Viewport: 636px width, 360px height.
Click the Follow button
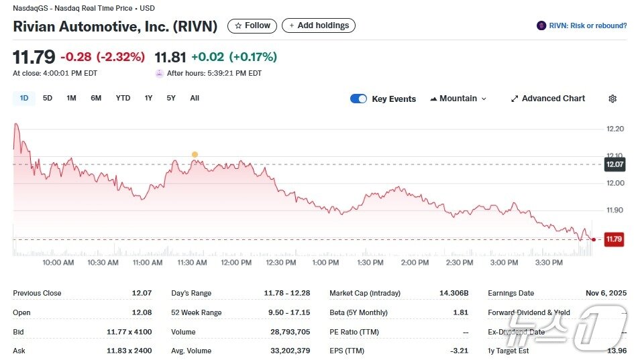[252, 25]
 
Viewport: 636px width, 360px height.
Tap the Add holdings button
[318, 25]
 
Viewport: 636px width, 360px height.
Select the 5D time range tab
[48, 98]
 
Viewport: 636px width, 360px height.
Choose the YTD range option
[123, 98]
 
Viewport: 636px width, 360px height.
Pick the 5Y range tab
[171, 98]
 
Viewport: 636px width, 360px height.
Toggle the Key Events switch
[359, 99]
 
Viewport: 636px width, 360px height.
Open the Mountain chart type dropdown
[458, 99]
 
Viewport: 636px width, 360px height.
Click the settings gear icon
[613, 99]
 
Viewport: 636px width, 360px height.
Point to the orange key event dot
[195, 154]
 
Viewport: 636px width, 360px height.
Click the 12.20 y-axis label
[615, 129]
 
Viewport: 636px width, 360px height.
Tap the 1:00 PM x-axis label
[325, 263]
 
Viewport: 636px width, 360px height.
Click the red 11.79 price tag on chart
[614, 239]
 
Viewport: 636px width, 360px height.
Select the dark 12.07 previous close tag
[615, 164]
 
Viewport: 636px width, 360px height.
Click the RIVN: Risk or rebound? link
[582, 25]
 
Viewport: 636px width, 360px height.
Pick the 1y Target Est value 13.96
[615, 351]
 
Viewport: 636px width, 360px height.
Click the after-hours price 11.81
[170, 57]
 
